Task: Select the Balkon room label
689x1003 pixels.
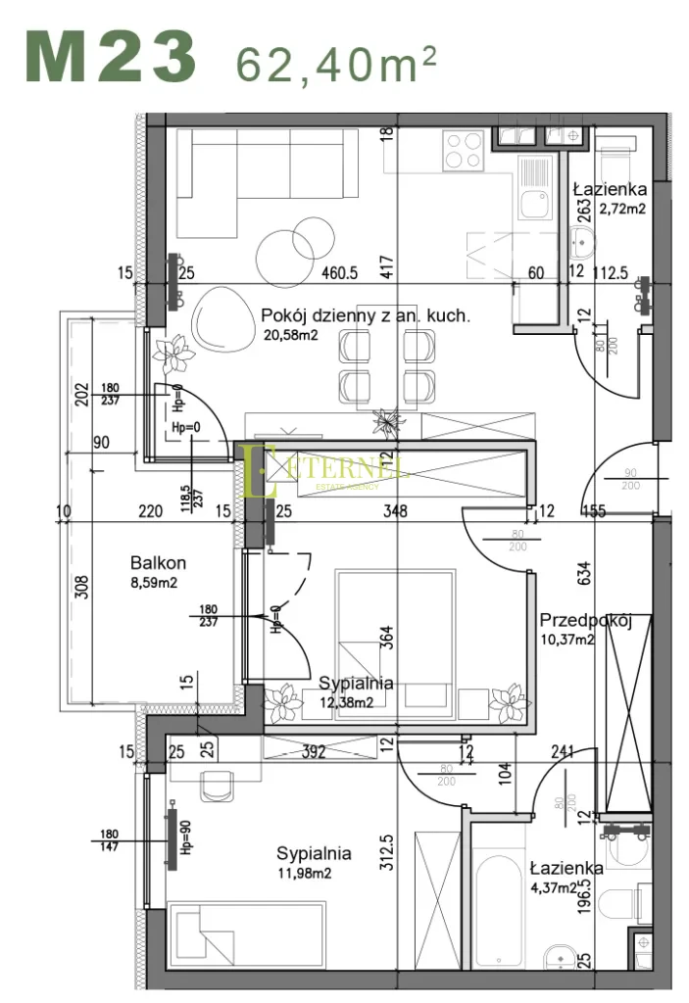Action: [x=158, y=563]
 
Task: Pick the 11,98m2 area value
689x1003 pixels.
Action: [x=304, y=874]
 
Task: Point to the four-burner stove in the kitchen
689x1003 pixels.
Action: [x=463, y=151]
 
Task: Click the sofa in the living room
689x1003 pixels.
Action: [x=260, y=181]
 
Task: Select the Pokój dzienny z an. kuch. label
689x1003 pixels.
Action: [x=366, y=315]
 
